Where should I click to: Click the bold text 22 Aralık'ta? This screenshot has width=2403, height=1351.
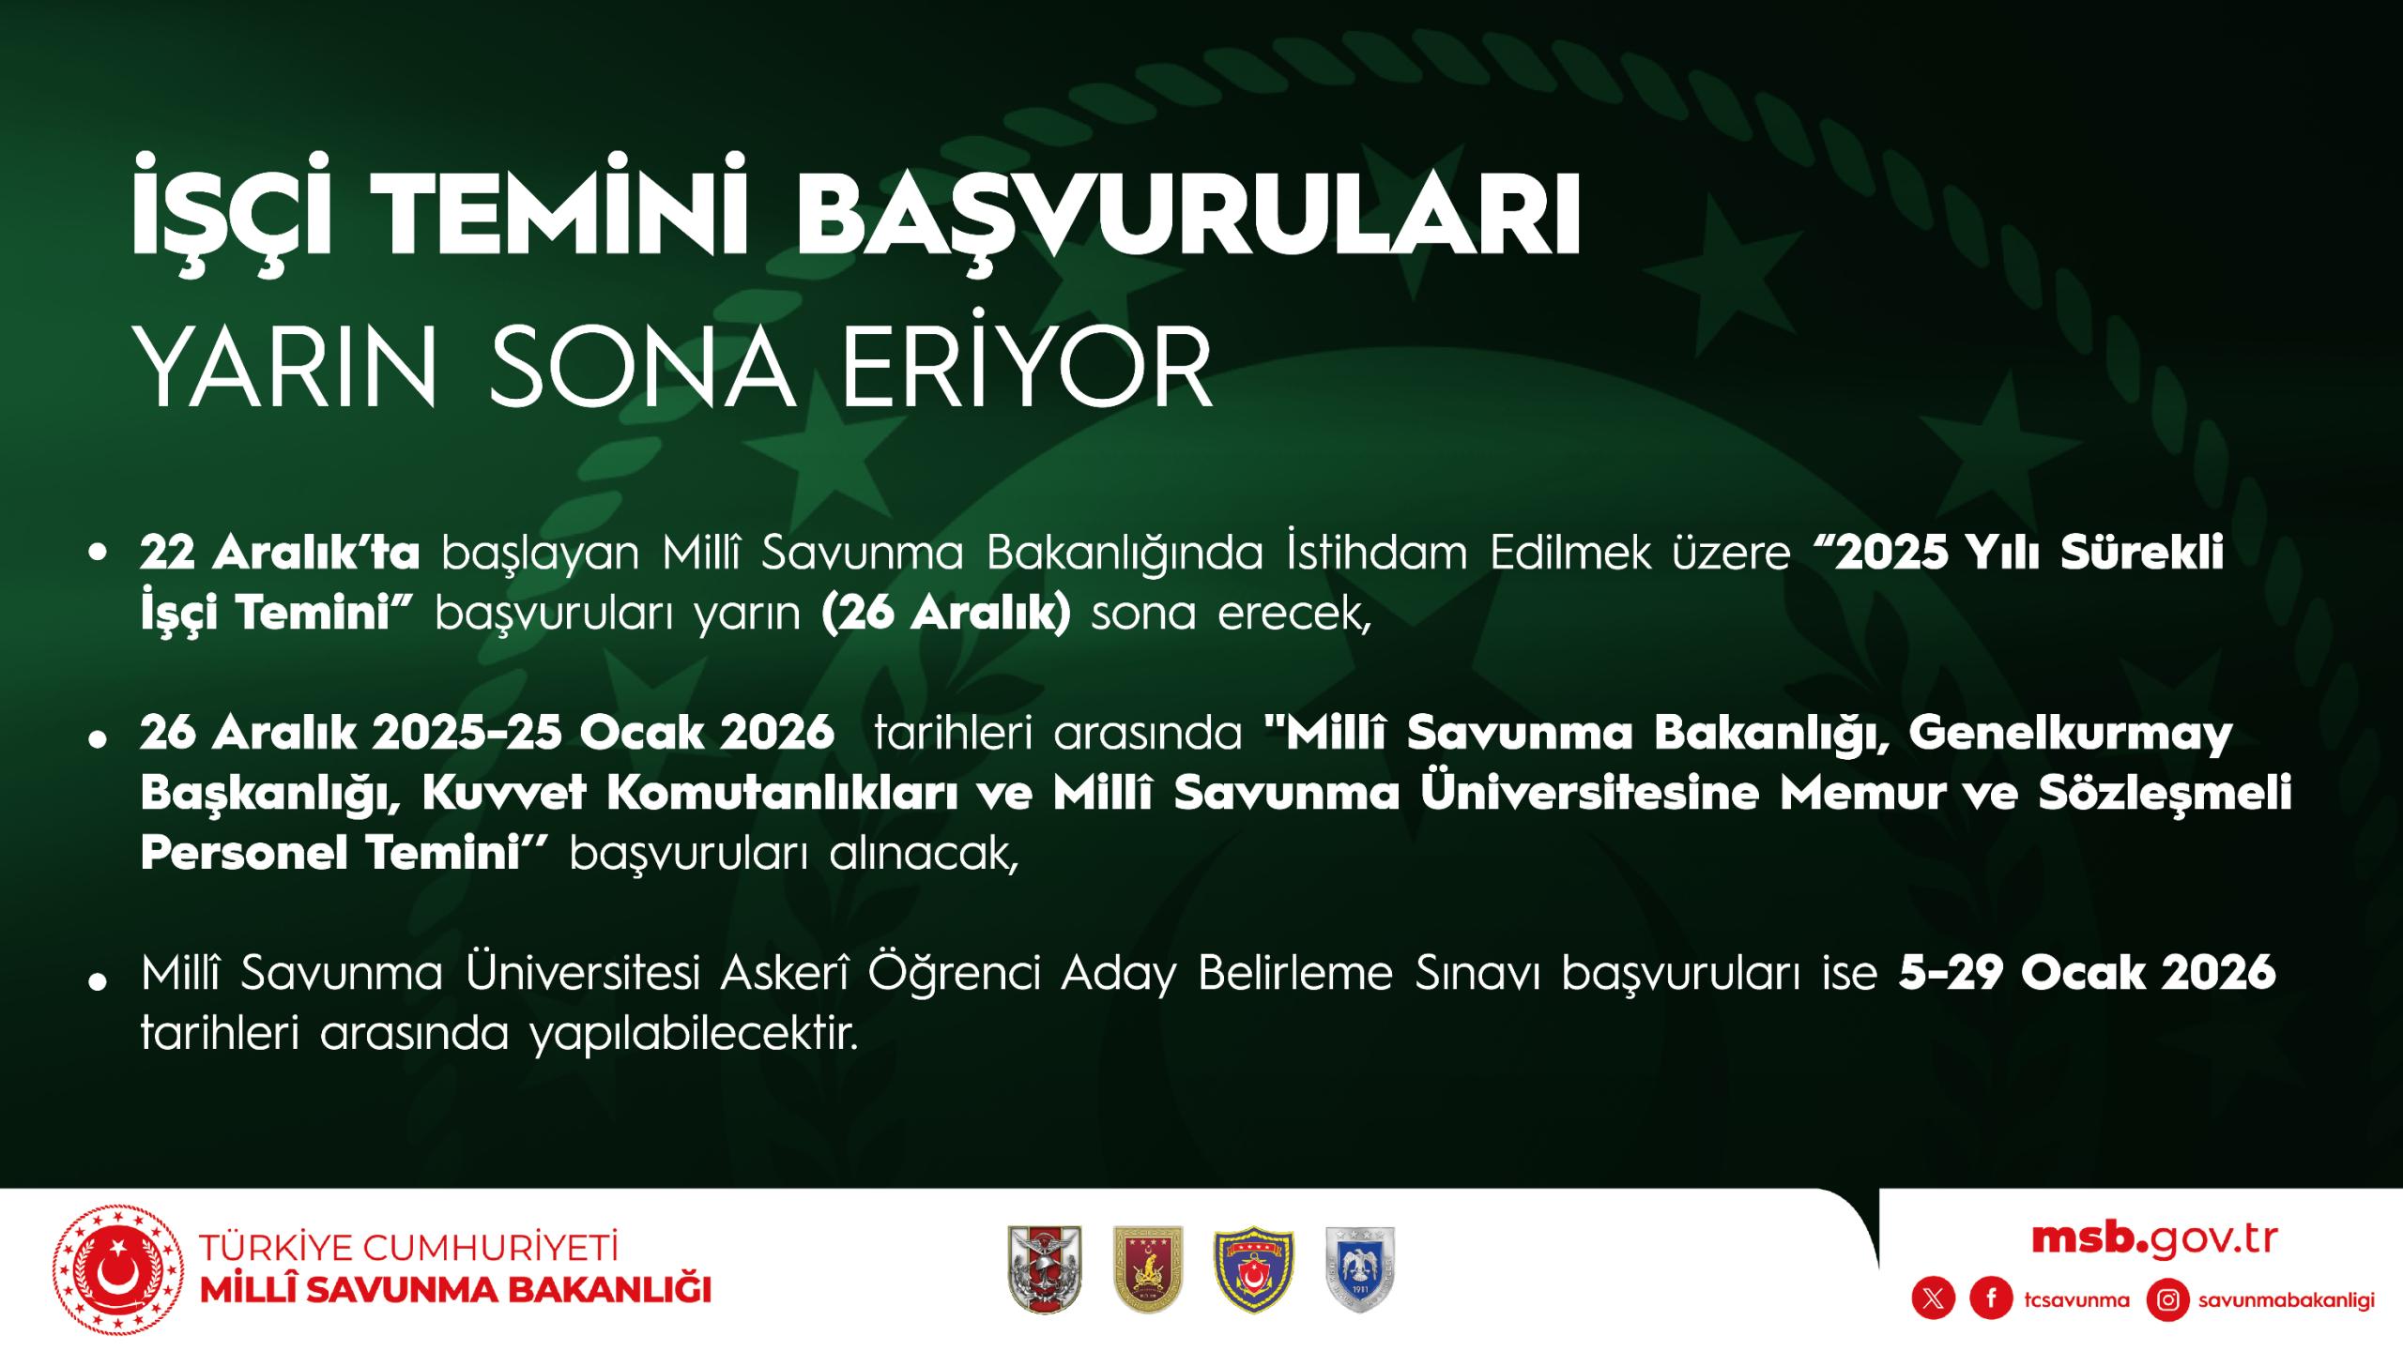(x=280, y=554)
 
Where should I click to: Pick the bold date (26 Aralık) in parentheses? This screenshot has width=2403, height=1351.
(x=946, y=615)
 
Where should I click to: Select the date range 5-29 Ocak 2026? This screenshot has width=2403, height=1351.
(x=2088, y=973)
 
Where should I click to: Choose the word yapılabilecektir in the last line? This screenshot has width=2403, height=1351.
(x=695, y=1036)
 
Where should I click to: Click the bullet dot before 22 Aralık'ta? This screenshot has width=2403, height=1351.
(x=96, y=554)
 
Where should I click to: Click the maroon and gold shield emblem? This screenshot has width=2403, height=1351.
(x=1148, y=1268)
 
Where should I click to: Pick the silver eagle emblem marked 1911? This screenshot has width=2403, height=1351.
(x=1359, y=1269)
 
